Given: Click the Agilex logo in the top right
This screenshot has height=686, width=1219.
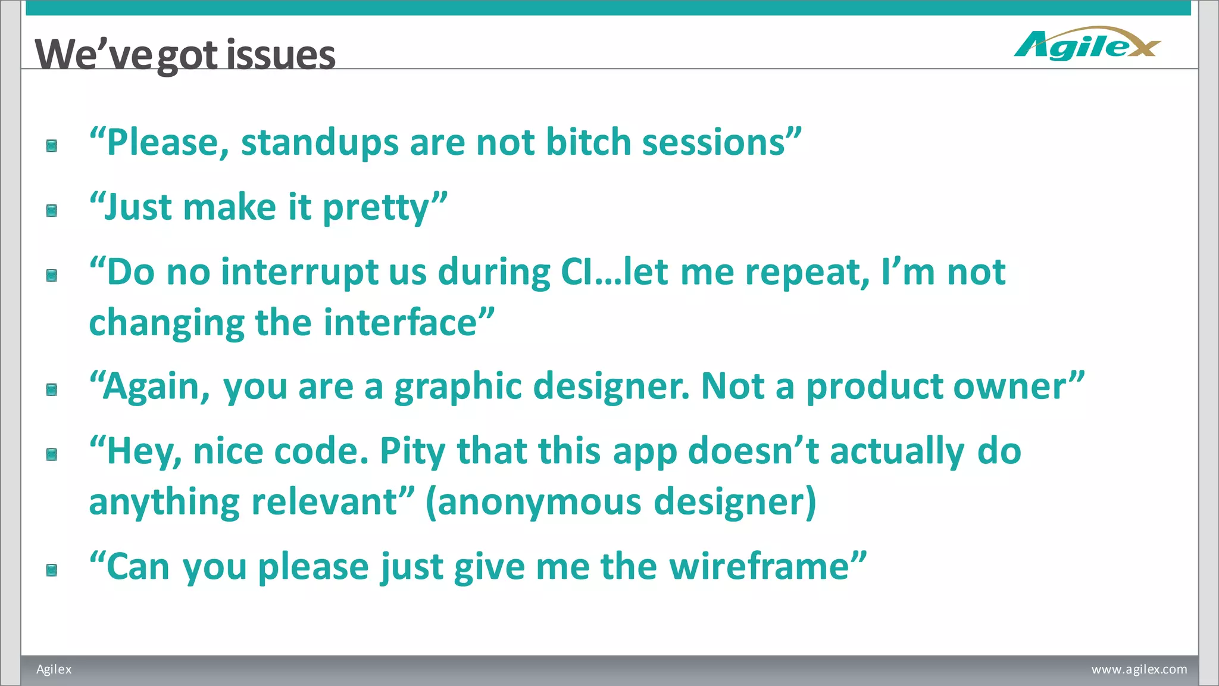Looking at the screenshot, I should (x=1087, y=44).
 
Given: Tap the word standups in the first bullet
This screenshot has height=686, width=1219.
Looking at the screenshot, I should (x=320, y=143).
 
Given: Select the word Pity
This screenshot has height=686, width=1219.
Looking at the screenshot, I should (x=412, y=451).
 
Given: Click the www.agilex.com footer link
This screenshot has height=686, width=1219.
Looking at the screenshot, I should (x=1139, y=669).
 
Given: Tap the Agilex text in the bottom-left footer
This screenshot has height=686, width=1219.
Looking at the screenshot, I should (x=54, y=669).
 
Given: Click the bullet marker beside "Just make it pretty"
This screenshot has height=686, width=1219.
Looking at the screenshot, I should (x=52, y=210).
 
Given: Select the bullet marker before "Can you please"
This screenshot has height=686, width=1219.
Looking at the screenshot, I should (x=52, y=570).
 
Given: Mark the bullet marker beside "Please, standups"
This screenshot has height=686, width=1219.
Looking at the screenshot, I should (x=52, y=146).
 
